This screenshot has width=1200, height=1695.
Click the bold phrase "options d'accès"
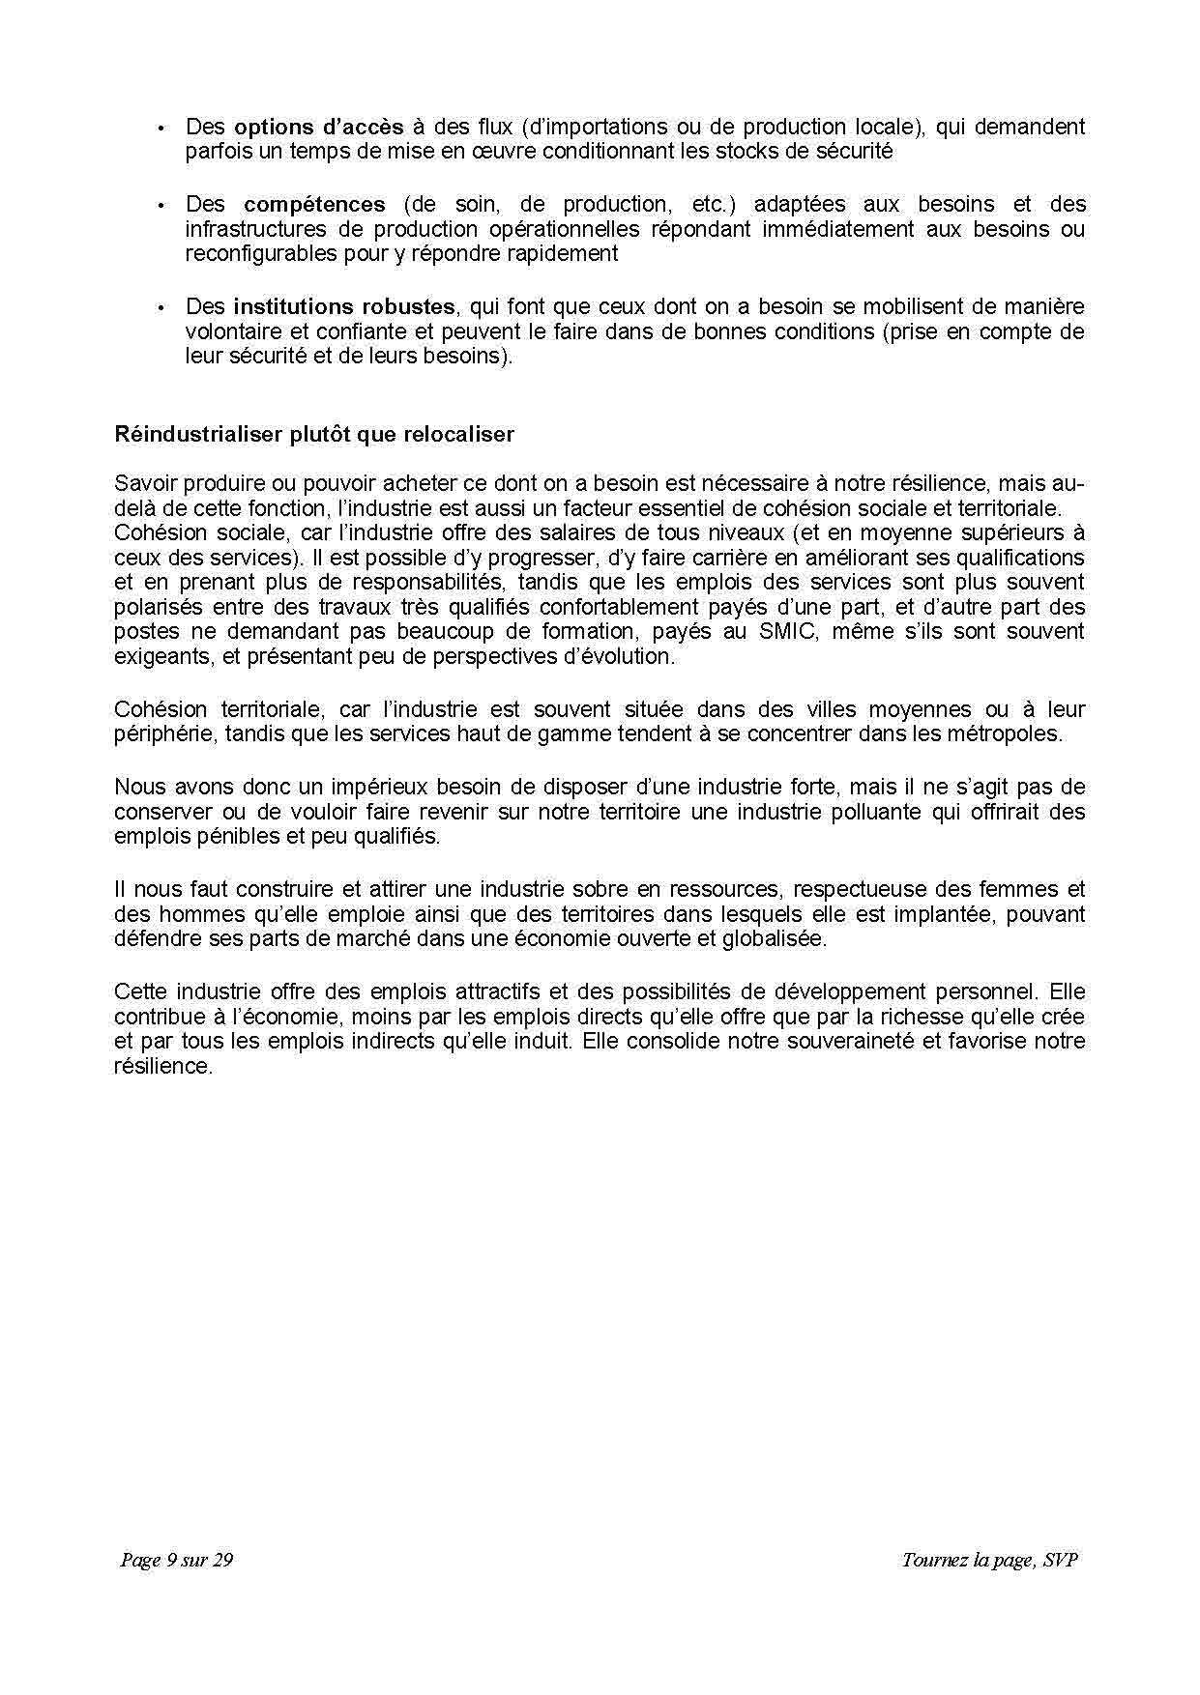pyautogui.click(x=319, y=127)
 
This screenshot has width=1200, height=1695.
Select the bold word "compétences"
pyautogui.click(x=314, y=204)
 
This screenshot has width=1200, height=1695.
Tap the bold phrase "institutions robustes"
pyautogui.click(x=344, y=306)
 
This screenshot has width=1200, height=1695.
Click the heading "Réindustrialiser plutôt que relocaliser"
pyautogui.click(x=314, y=434)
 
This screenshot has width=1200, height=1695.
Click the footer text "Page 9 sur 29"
pyautogui.click(x=177, y=1560)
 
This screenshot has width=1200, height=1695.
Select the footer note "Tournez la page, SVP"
pyautogui.click(x=989, y=1560)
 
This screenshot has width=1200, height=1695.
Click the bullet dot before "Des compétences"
pyautogui.click(x=161, y=205)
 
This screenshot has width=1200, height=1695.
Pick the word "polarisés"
pyautogui.click(x=158, y=607)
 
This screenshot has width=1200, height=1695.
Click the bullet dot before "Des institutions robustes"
pyautogui.click(x=161, y=307)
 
